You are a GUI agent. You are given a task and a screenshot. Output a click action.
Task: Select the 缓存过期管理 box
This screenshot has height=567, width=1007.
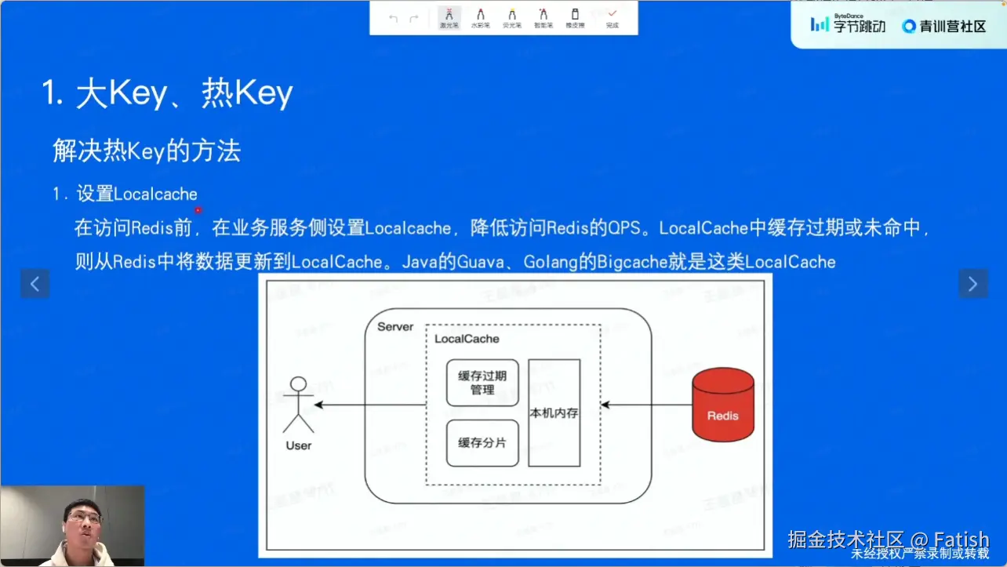482,383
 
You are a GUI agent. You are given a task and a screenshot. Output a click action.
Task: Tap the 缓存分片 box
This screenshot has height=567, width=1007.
482,443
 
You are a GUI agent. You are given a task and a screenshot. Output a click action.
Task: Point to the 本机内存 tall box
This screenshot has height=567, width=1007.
554,413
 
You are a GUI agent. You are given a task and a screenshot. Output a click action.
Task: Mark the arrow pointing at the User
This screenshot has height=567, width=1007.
369,405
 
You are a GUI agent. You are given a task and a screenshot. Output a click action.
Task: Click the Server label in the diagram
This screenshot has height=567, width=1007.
395,326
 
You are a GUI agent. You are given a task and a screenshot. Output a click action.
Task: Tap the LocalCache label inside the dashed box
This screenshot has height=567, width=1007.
467,339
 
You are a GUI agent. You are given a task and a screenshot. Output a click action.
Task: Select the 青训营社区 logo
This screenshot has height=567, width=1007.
944,26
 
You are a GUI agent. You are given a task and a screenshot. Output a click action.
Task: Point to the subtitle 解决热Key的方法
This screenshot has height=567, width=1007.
146,151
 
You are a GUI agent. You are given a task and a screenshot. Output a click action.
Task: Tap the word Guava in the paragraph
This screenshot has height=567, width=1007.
480,262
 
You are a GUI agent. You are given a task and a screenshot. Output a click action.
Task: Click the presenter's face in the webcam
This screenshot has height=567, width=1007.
84,518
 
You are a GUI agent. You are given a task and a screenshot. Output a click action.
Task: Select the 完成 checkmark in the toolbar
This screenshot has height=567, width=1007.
612,17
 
